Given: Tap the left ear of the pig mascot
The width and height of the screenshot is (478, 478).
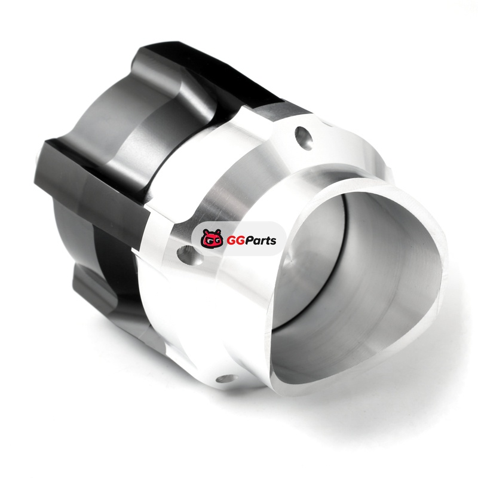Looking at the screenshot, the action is coord(205,231).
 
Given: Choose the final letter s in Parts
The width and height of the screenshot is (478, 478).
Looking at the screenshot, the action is coord(273,242).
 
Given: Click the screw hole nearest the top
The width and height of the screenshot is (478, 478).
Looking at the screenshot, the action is coord(304,139).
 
